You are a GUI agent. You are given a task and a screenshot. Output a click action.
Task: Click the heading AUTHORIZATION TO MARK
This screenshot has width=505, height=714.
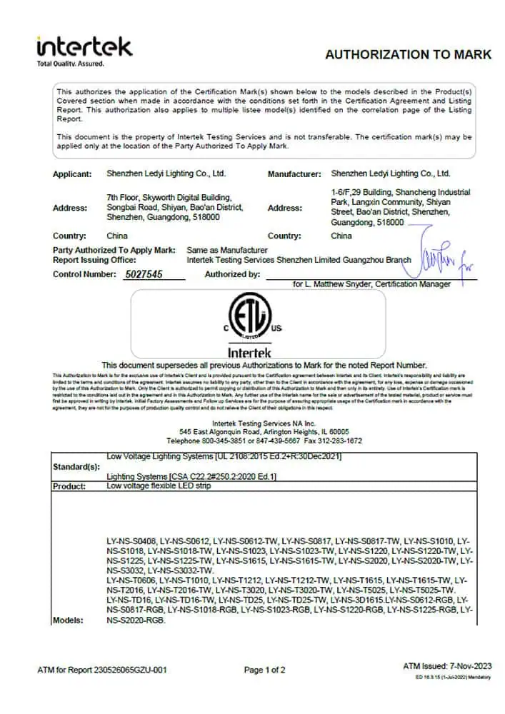(x=408, y=55)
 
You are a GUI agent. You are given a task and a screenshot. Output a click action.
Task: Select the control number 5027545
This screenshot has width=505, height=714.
(x=144, y=274)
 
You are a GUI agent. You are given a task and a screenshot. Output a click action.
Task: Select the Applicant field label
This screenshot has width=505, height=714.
(x=72, y=174)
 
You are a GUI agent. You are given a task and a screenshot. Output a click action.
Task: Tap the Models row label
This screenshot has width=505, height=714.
(x=68, y=620)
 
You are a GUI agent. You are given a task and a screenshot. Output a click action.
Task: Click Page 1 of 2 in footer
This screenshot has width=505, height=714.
(x=264, y=670)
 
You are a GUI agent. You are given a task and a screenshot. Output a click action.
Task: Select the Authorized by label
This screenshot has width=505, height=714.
(x=231, y=274)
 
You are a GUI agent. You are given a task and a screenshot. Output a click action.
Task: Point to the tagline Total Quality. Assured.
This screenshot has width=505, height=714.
(x=70, y=64)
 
